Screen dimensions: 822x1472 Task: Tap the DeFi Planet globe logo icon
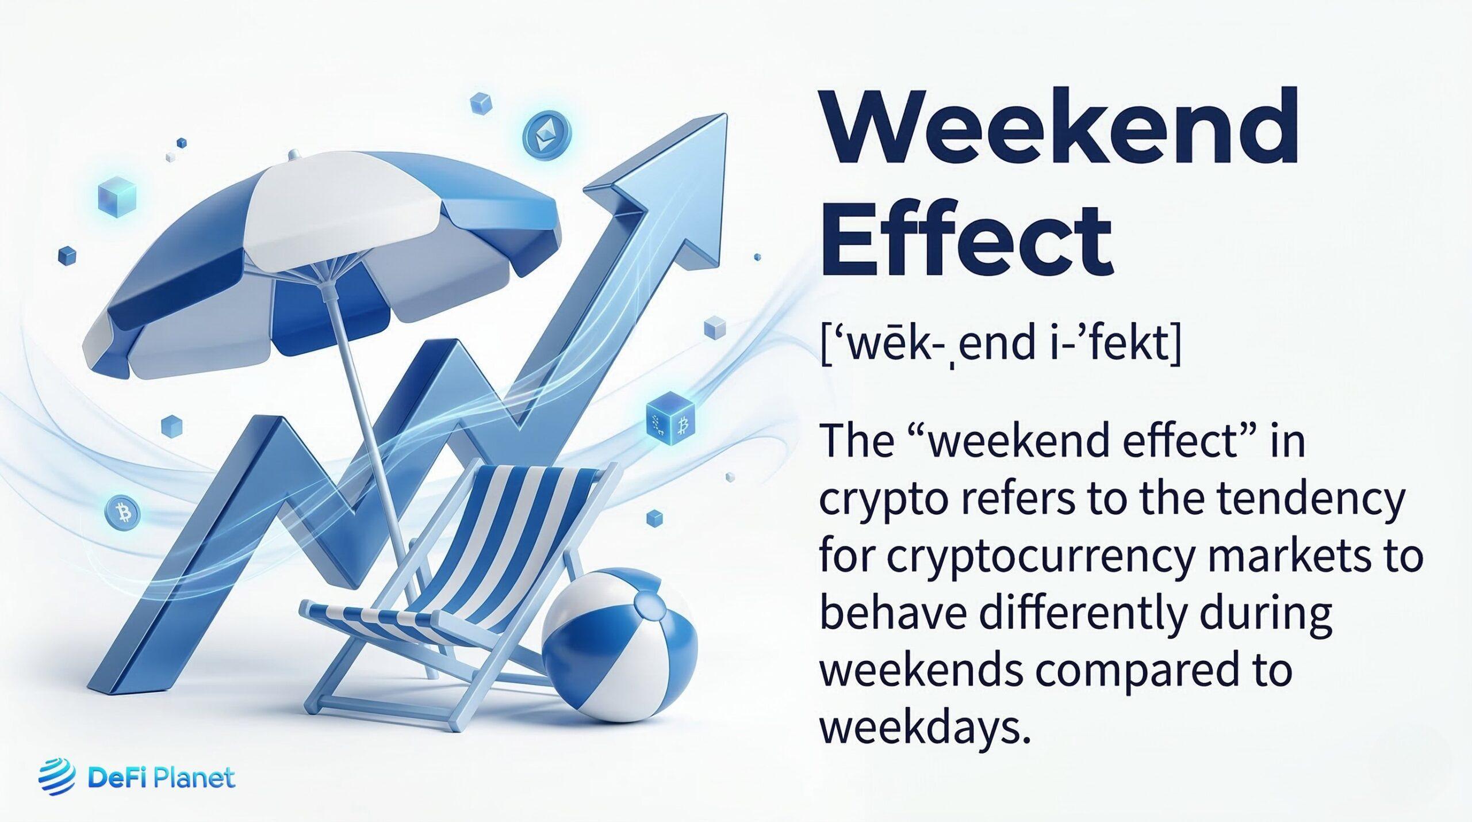[x=56, y=778]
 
